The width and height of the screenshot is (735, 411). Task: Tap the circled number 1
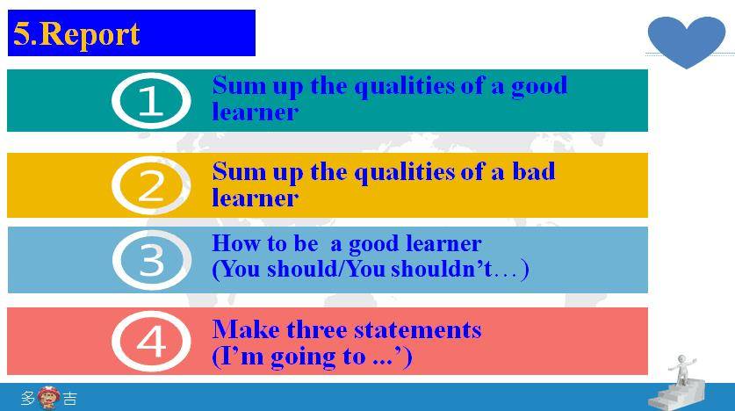pyautogui.click(x=151, y=101)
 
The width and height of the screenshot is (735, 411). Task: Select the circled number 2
pyautogui.click(x=151, y=185)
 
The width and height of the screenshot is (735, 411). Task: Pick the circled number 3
pyautogui.click(x=152, y=260)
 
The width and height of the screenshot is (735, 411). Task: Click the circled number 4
pyautogui.click(x=151, y=341)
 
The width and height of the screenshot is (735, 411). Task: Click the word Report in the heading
pyautogui.click(x=90, y=34)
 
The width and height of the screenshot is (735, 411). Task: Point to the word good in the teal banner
pyautogui.click(x=539, y=87)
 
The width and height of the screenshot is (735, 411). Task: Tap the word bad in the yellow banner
pyautogui.click(x=533, y=171)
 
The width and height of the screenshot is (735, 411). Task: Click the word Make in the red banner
pyautogui.click(x=246, y=329)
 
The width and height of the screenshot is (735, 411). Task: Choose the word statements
pyautogui.click(x=418, y=330)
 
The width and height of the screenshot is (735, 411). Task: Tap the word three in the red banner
pyautogui.click(x=317, y=329)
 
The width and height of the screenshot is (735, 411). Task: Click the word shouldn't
pyautogui.click(x=441, y=269)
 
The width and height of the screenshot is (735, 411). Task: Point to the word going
pyautogui.click(x=303, y=357)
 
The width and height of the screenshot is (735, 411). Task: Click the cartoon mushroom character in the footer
pyautogui.click(x=48, y=398)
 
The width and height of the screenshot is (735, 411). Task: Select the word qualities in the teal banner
pyautogui.click(x=405, y=87)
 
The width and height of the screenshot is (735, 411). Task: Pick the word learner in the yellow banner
pyautogui.click(x=255, y=198)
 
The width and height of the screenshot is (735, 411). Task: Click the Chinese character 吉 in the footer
pyautogui.click(x=70, y=399)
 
